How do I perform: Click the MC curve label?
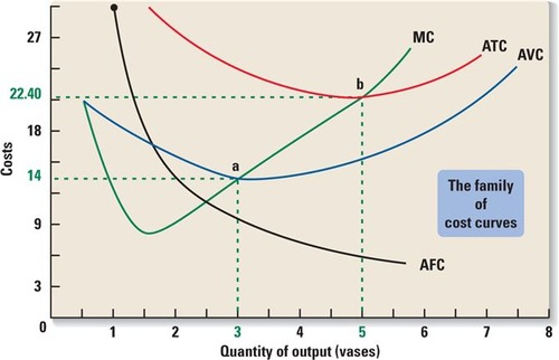click(x=423, y=38)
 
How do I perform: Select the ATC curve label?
click(x=494, y=46)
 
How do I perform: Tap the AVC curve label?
click(x=530, y=55)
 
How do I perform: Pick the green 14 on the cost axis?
click(x=35, y=176)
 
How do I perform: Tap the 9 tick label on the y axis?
click(x=37, y=224)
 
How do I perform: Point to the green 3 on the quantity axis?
click(x=237, y=332)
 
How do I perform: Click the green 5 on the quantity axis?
click(x=362, y=332)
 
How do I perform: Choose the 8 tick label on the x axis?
click(x=548, y=332)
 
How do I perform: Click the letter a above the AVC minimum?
click(x=235, y=167)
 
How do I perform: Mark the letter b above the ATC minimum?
click(x=360, y=84)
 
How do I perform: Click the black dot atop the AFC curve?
click(x=114, y=7)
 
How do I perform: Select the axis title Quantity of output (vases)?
click(x=300, y=351)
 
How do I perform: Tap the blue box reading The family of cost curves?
click(x=481, y=203)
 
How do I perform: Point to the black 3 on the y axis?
click(x=37, y=287)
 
